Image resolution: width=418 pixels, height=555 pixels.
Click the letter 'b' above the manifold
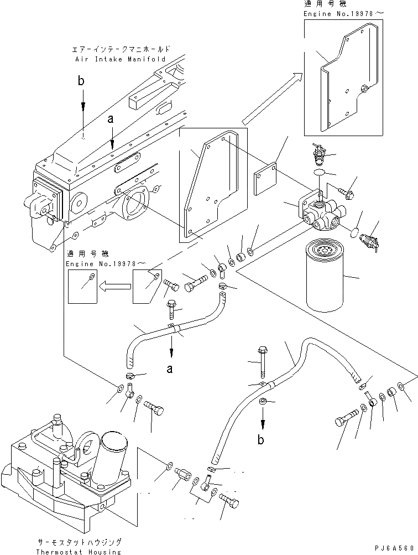click(x=82, y=82)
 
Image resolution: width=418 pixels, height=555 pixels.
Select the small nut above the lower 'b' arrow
click(x=264, y=400)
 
